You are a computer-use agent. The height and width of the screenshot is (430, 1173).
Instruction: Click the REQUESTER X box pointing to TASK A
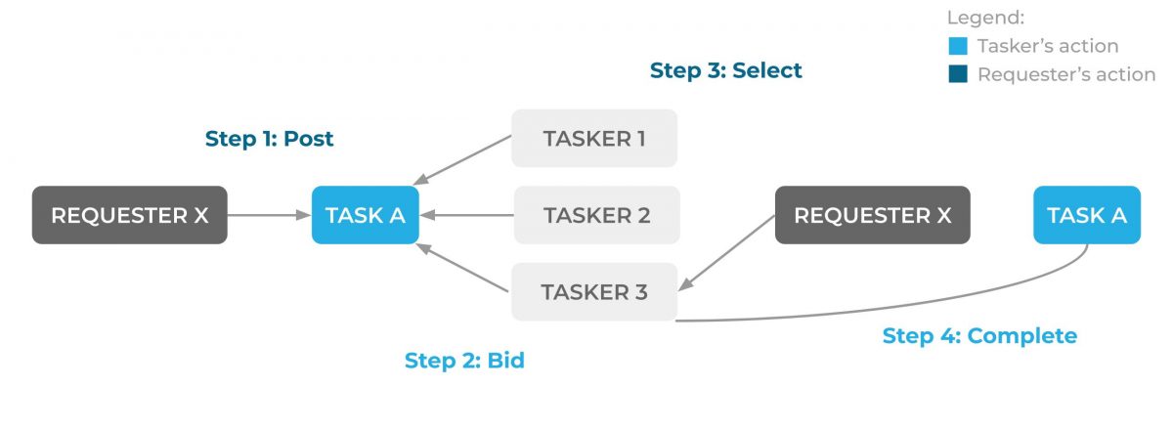pos(129,215)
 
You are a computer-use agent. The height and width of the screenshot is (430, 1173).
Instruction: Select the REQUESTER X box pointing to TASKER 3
pos(872,215)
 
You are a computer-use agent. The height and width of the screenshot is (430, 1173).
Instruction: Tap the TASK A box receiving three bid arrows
pos(365,215)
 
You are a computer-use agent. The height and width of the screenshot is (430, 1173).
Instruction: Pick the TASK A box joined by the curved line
pos(1086,215)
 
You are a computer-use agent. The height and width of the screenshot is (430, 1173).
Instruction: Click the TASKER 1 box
pos(594,138)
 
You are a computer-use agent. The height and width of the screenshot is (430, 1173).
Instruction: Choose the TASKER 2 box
pos(596,215)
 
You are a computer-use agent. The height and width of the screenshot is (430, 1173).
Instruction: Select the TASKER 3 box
pos(594,291)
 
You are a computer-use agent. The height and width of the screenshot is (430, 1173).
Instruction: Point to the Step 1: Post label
pos(269,139)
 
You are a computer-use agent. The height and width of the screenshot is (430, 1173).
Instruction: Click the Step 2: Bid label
pos(464,361)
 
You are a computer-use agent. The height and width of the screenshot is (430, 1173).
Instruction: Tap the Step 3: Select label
pos(725,70)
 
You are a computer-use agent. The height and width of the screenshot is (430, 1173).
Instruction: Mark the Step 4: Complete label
pos(979,336)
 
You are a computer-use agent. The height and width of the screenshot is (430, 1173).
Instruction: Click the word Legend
pos(984,18)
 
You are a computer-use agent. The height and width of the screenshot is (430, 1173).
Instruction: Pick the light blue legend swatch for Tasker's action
pos(958,46)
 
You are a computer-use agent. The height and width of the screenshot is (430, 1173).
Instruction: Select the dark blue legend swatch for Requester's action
pos(958,74)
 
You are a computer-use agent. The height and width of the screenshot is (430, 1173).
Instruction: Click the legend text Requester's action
pos(1065,74)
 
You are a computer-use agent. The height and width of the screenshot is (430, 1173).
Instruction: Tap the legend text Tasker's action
pos(1047,46)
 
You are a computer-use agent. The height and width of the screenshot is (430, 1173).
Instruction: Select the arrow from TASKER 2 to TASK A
pos(467,215)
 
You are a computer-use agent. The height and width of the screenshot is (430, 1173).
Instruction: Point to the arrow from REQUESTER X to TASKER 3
pos(728,252)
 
